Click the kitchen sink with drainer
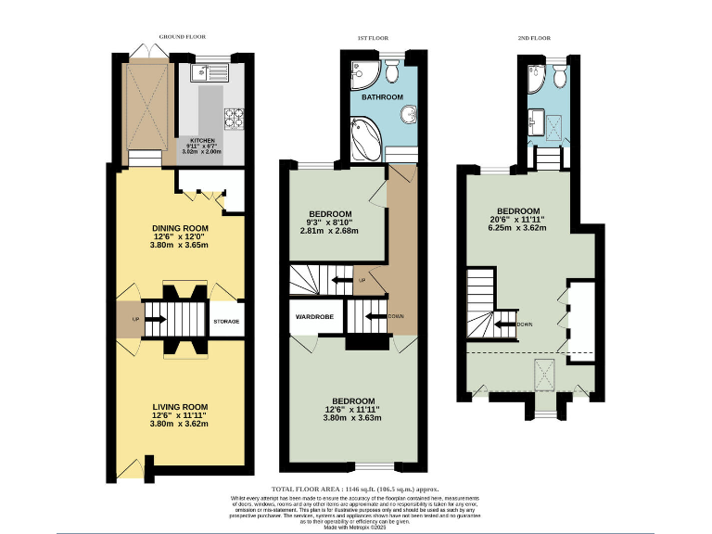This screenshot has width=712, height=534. [x=202, y=72]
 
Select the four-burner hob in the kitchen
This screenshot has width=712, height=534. [x=233, y=118]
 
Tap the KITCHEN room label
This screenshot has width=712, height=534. [x=202, y=141]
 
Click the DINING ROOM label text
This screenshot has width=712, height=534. [x=180, y=228]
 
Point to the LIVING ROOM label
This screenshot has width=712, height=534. [x=180, y=406]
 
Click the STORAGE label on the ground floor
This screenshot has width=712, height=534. [x=226, y=322]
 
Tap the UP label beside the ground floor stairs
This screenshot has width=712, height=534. [x=122, y=321]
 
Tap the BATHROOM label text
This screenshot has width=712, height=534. [x=382, y=97]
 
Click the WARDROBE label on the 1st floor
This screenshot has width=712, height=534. [x=314, y=317]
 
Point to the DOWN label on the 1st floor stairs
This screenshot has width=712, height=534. [x=397, y=316]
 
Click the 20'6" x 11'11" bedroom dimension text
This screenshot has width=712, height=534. [x=519, y=220]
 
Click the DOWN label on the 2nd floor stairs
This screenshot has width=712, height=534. [x=525, y=324]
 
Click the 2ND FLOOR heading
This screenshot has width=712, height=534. [x=533, y=39]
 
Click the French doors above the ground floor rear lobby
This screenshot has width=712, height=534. [x=146, y=49]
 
